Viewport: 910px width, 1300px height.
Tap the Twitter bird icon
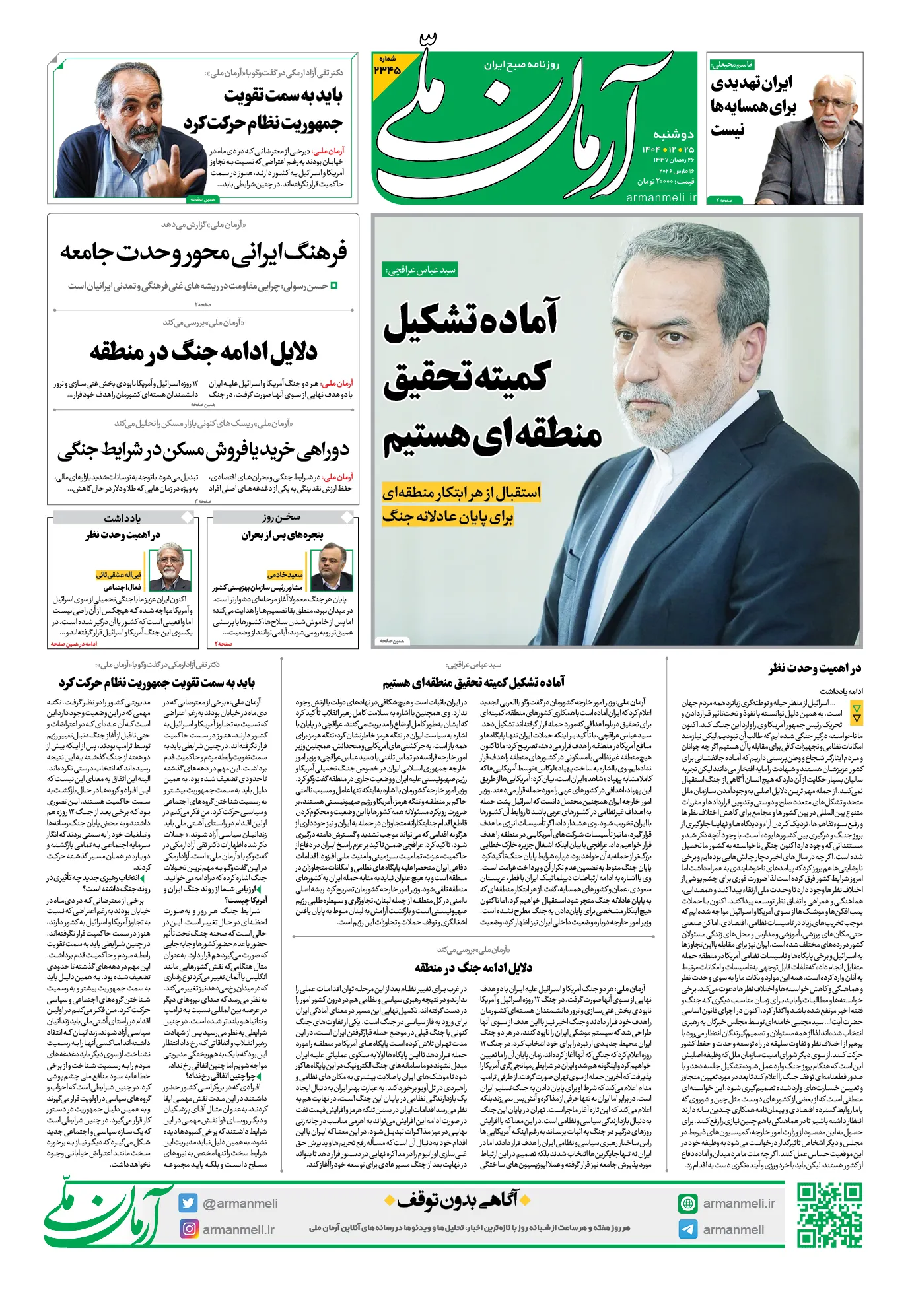pyautogui.click(x=188, y=1203)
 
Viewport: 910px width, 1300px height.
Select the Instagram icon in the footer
pyautogui.click(x=189, y=1229)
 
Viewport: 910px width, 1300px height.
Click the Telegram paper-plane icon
pyautogui.click(x=687, y=1229)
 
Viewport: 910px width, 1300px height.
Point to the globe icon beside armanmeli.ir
pyautogui.click(x=687, y=1203)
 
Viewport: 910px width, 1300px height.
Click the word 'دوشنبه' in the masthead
pyautogui.click(x=673, y=133)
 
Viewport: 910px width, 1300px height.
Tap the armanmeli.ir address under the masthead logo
pyautogui.click(x=660, y=197)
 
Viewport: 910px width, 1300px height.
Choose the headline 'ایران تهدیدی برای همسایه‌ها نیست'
pyautogui.click(x=753, y=106)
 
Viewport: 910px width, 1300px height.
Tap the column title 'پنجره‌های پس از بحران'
pyautogui.click(x=282, y=535)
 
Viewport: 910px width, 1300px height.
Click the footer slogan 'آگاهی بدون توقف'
pyautogui.click(x=457, y=1199)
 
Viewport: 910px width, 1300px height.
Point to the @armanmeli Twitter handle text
pyautogui.click(x=240, y=1203)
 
